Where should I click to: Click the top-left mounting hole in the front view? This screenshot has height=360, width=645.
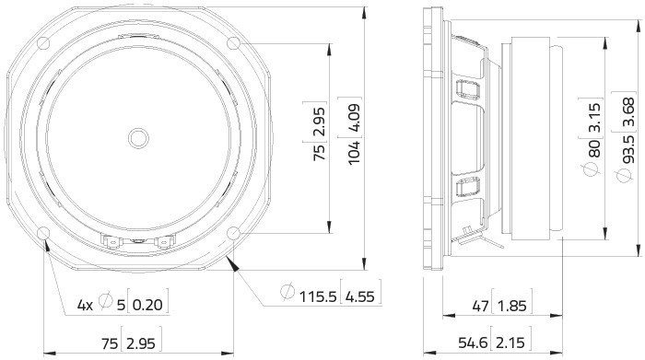pyautogui.click(x=43, y=43)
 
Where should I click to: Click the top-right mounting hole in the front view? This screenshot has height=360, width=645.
pyautogui.click(x=233, y=43)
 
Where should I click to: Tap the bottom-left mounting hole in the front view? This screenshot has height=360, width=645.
pyautogui.click(x=43, y=233)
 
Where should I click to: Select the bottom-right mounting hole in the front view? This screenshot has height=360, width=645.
pyautogui.click(x=233, y=233)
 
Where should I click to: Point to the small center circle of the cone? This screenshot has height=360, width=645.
pyautogui.click(x=138, y=138)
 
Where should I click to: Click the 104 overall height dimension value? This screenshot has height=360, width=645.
pyautogui.click(x=354, y=153)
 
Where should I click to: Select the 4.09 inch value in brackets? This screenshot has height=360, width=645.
pyautogui.click(x=354, y=118)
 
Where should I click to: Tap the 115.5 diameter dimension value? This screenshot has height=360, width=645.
pyautogui.click(x=318, y=296)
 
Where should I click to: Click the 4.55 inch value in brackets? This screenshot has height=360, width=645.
pyautogui.click(x=360, y=296)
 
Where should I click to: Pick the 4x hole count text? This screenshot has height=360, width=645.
pyautogui.click(x=85, y=306)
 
